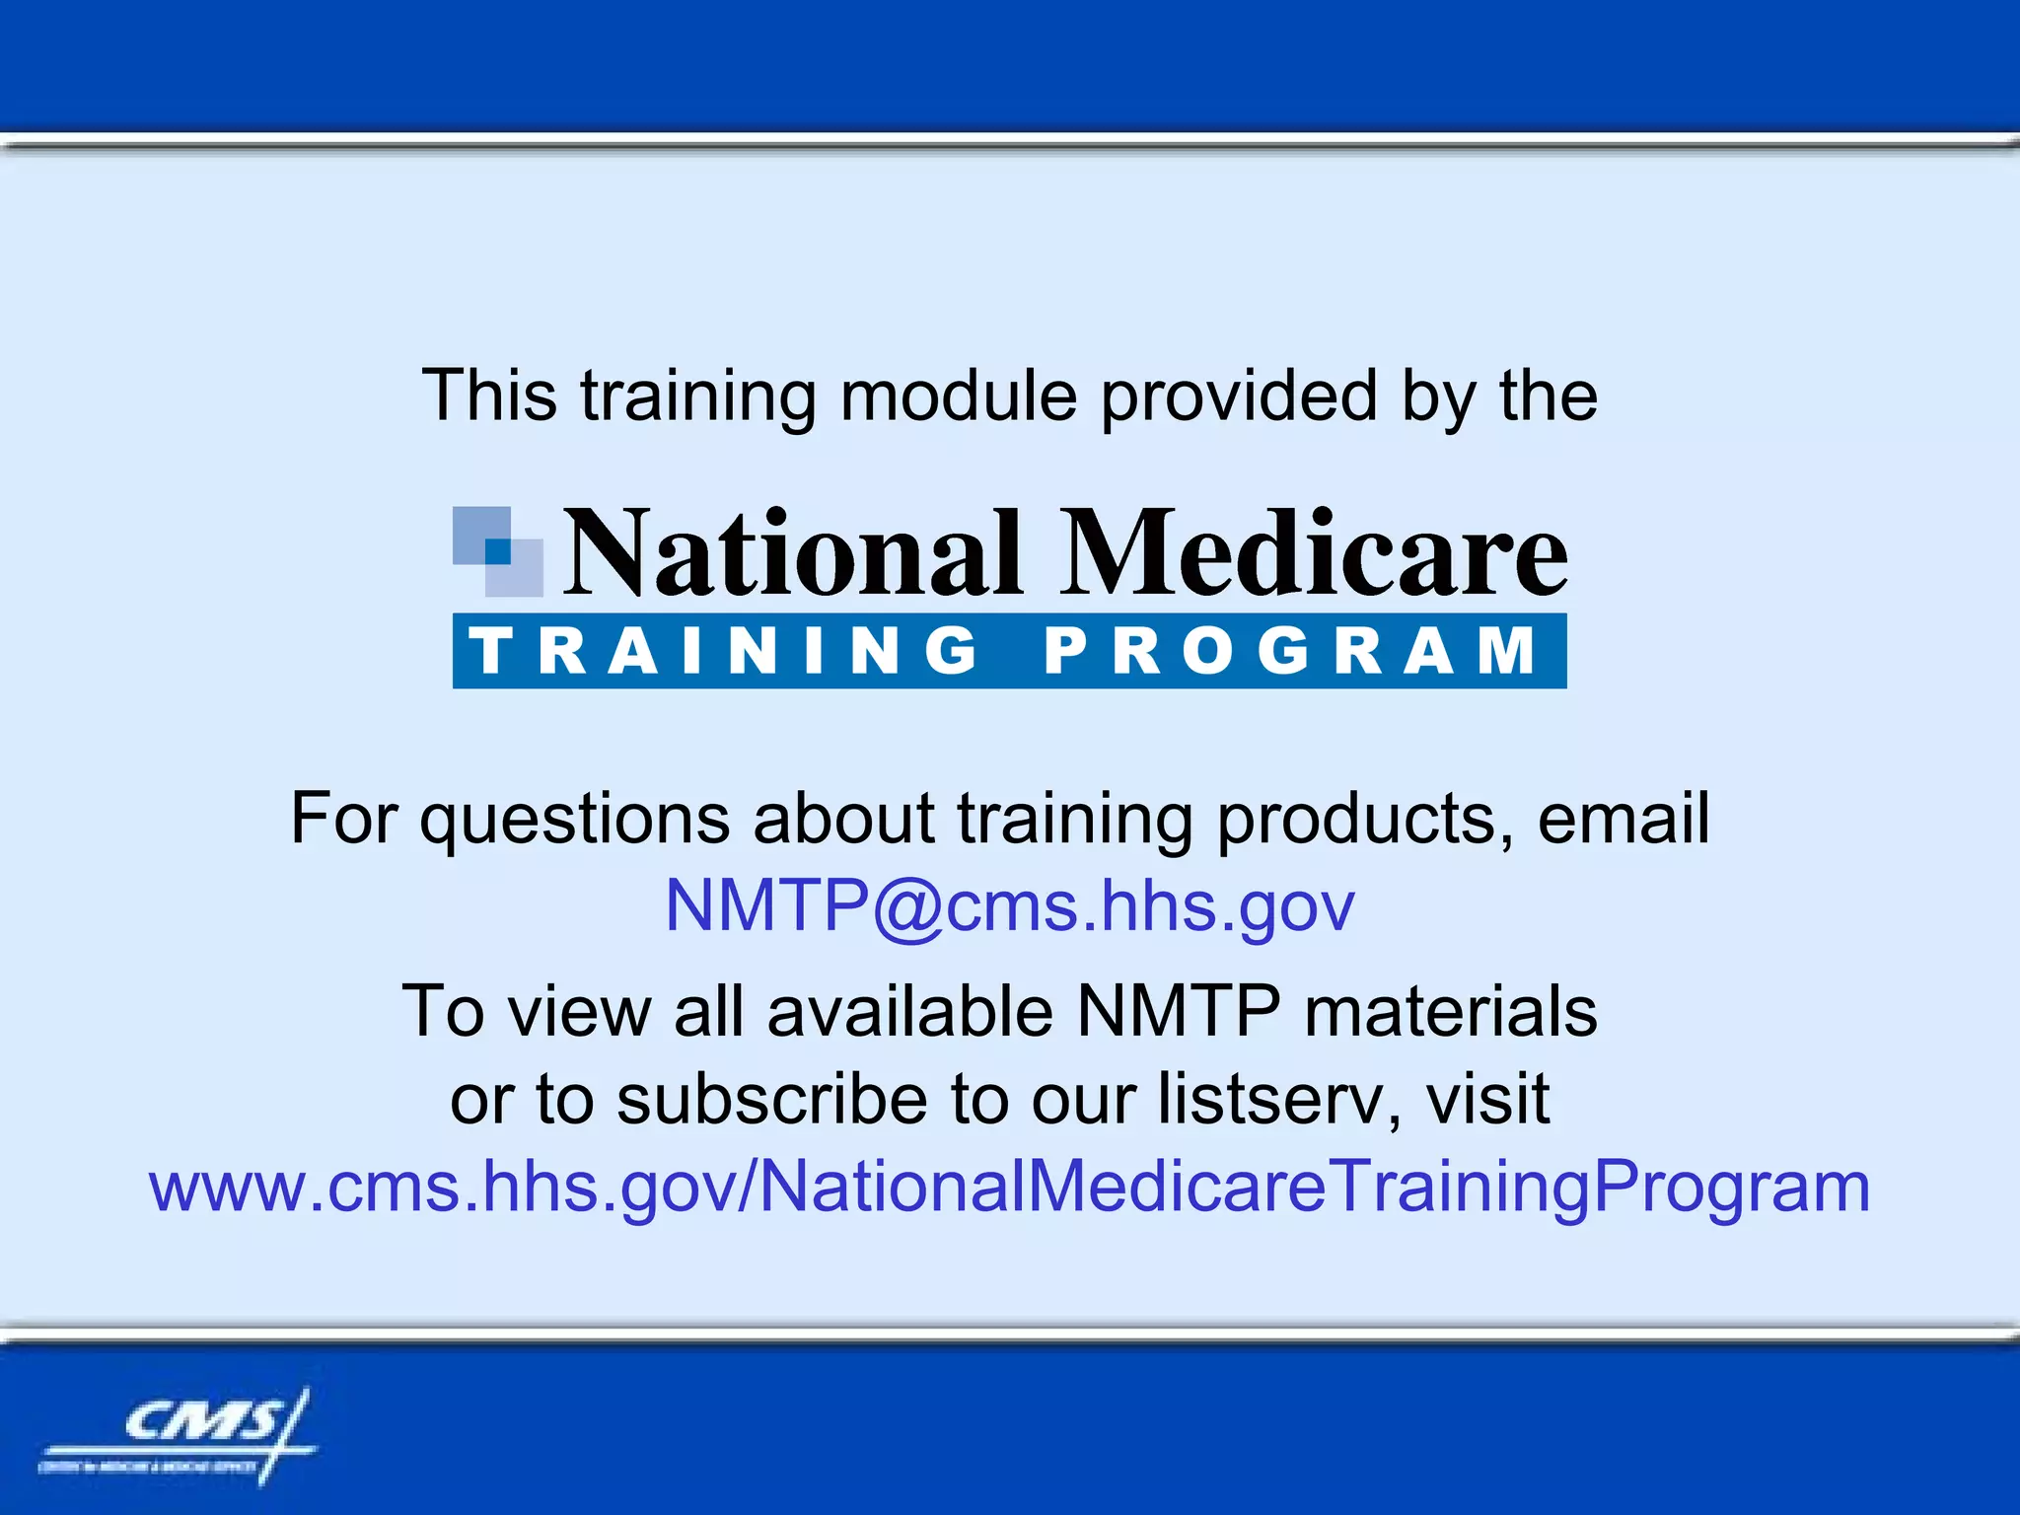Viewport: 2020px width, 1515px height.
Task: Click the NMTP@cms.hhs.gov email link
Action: click(1010, 905)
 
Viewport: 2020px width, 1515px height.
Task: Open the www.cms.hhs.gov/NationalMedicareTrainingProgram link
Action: click(1010, 1187)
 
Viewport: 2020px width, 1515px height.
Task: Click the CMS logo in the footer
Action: click(178, 1435)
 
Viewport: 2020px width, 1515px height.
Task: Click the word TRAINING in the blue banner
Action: click(725, 651)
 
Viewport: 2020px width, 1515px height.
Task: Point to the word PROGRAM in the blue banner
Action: click(1290, 651)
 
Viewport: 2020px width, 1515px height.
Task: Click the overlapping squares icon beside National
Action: click(497, 551)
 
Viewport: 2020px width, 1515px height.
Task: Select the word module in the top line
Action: click(958, 397)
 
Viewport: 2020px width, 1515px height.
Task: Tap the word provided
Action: click(1239, 397)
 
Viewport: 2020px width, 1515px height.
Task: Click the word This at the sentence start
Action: click(489, 397)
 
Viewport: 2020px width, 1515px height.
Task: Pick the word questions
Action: click(574, 821)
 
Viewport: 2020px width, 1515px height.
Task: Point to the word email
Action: click(1623, 819)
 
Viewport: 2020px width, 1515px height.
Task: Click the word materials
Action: click(1450, 1012)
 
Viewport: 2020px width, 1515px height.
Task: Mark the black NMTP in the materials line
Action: click(1179, 1012)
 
